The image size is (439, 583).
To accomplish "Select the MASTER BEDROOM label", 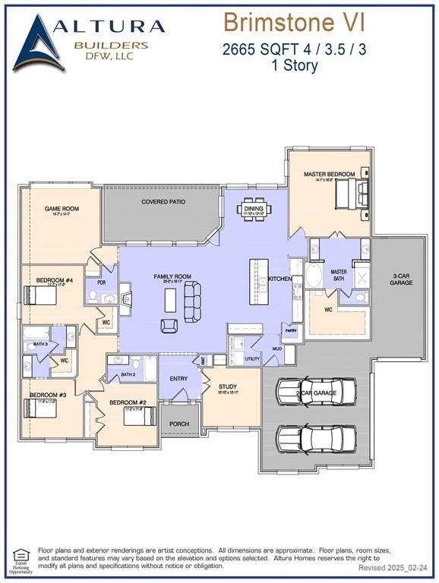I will tap(329, 175).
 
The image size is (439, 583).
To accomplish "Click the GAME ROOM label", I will tap(62, 209).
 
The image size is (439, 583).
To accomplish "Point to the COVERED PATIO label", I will tap(163, 202).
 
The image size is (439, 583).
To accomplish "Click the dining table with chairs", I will tap(253, 210).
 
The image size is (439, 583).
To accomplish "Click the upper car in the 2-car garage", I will tap(316, 392).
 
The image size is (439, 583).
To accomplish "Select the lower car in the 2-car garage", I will tap(316, 437).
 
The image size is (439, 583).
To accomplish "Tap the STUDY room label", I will tap(228, 387).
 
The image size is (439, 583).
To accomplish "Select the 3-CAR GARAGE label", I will tap(401, 279).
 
